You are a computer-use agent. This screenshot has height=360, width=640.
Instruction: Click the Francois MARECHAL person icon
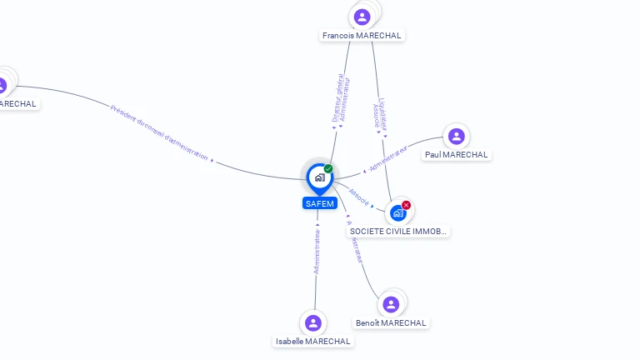click(x=362, y=17)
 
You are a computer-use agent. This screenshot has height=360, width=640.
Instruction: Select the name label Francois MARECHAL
click(x=362, y=36)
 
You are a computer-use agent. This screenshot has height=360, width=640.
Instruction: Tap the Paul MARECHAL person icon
click(x=456, y=136)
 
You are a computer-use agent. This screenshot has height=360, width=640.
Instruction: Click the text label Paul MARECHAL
click(x=456, y=155)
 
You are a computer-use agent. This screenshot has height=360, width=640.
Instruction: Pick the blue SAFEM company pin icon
click(x=319, y=177)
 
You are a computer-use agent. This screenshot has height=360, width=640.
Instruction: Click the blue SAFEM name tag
click(x=319, y=203)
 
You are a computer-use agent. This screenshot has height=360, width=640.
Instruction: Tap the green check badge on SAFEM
click(x=328, y=169)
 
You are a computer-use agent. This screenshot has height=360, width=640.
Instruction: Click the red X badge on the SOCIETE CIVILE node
click(x=406, y=205)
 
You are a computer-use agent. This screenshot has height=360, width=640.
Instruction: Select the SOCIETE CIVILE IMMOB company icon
click(x=398, y=213)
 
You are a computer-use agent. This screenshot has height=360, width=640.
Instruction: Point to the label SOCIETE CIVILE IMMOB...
click(x=398, y=231)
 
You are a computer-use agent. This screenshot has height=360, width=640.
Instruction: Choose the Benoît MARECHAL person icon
click(x=391, y=304)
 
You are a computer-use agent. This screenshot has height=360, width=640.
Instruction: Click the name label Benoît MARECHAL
click(x=391, y=323)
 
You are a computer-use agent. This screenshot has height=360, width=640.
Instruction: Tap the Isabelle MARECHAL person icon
click(x=313, y=322)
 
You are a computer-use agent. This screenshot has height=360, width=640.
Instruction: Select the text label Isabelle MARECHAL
click(x=313, y=342)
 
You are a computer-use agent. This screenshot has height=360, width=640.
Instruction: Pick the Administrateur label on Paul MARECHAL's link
click(x=388, y=158)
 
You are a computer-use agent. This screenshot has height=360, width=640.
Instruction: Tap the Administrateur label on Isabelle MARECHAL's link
click(x=317, y=250)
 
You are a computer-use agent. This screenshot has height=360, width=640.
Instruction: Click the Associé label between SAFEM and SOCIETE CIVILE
click(x=359, y=197)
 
